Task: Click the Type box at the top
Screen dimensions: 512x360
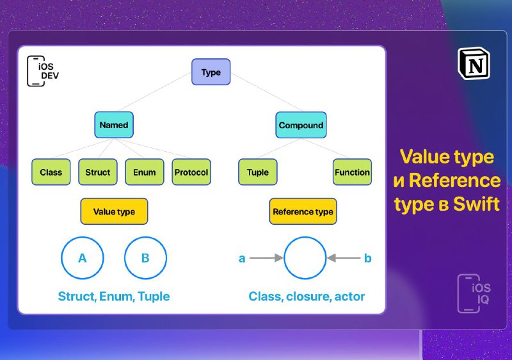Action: [211, 72]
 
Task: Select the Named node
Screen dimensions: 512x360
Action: [114, 125]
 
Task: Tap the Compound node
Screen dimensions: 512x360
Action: [301, 125]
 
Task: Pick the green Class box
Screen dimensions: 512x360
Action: [51, 172]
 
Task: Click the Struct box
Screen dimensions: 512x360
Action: [98, 172]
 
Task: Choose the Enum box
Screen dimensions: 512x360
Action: [145, 172]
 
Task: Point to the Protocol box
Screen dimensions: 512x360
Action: [191, 172]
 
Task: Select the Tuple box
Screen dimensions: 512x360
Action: [258, 172]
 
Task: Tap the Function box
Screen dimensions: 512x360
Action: [353, 172]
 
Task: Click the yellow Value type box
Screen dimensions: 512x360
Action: [114, 211]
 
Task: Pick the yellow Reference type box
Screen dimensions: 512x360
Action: [303, 211]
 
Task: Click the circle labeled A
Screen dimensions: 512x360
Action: [61, 258]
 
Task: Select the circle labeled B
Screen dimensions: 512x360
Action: [125, 258]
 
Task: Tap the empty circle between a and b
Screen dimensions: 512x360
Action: [284, 258]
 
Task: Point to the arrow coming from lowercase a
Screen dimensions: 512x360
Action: [266, 258]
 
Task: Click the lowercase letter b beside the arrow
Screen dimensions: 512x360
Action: [367, 258]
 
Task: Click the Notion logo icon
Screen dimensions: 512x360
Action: [474, 63]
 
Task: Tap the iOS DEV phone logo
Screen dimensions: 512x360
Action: [43, 71]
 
